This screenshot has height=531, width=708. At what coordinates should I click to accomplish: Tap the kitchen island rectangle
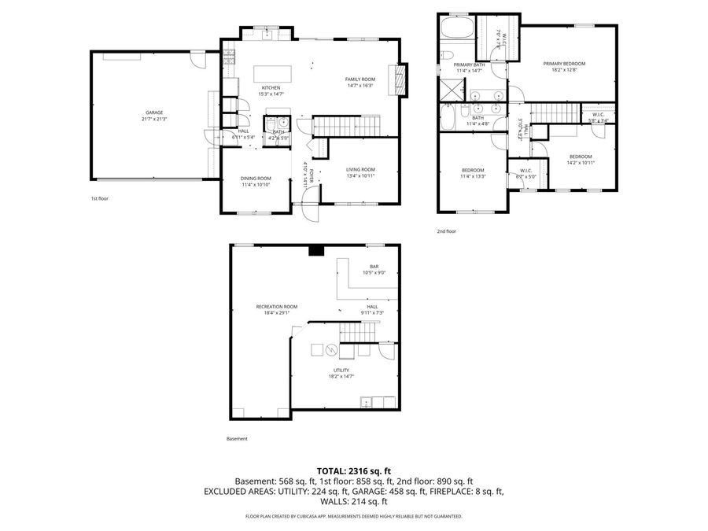pyautogui.click(x=273, y=73)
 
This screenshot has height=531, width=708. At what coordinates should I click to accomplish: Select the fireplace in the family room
pyautogui.click(x=404, y=79)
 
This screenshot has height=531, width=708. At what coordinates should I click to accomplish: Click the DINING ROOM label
pyautogui.click(x=256, y=179)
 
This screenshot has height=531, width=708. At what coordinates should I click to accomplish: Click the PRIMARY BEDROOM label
pyautogui.click(x=564, y=63)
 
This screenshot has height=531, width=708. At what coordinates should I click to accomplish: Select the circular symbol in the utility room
pyautogui.click(x=331, y=350)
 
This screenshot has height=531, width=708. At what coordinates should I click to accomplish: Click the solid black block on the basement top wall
pyautogui.click(x=315, y=251)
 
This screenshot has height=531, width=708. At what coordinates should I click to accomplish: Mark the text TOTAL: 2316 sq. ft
pyautogui.click(x=354, y=470)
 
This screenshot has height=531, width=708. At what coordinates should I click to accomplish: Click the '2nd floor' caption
pyautogui.click(x=447, y=231)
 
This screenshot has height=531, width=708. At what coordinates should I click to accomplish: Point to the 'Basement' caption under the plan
pyautogui.click(x=237, y=439)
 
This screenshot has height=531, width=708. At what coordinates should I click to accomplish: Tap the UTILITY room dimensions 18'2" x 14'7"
pyautogui.click(x=341, y=377)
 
